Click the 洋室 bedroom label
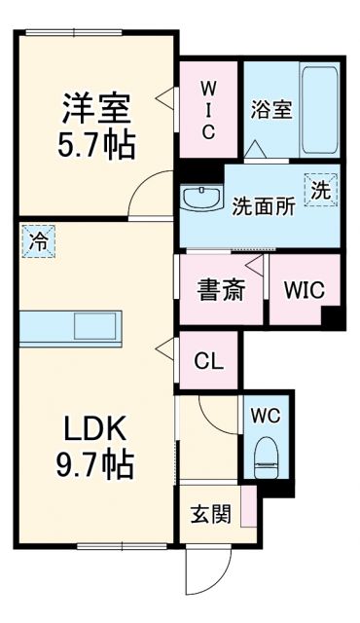point(97,104)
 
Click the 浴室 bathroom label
point(271,109)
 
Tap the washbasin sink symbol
point(199,198)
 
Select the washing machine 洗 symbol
point(320,190)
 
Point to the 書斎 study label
point(219,290)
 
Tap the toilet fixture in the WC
point(266,458)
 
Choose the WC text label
point(265,416)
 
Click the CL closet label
point(208,361)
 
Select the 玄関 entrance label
point(210,514)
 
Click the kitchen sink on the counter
point(93,326)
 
